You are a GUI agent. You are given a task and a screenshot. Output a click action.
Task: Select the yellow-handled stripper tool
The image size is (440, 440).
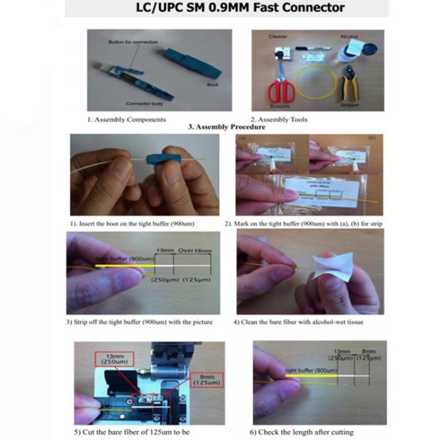coord(350,87)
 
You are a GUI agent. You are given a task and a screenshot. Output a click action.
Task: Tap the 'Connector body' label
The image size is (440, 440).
coord(144,103)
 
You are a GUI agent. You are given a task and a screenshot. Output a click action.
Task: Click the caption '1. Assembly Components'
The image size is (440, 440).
coord(126,119)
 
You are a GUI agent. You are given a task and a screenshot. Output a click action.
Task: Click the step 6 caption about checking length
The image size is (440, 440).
coord(304,432)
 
